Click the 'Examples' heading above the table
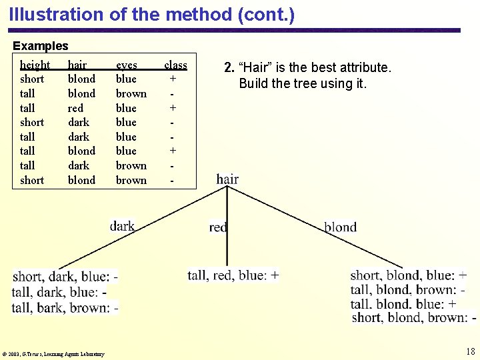(x=41, y=46)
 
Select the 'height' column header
(x=35, y=65)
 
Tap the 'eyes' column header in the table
(x=127, y=65)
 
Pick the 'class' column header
(x=175, y=65)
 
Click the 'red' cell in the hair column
(x=75, y=108)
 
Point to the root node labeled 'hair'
(x=227, y=179)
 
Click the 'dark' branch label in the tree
(x=122, y=226)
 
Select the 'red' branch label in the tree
(x=218, y=227)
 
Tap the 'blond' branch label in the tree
(x=340, y=227)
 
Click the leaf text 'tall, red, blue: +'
(x=233, y=275)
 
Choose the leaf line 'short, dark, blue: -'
(x=65, y=277)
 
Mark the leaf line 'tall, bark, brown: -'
(x=65, y=308)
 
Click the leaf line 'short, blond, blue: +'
(x=408, y=275)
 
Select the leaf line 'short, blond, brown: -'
(x=413, y=317)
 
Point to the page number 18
(x=470, y=351)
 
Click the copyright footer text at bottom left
(x=53, y=354)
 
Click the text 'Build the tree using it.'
(x=303, y=83)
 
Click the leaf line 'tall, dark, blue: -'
(x=59, y=292)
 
